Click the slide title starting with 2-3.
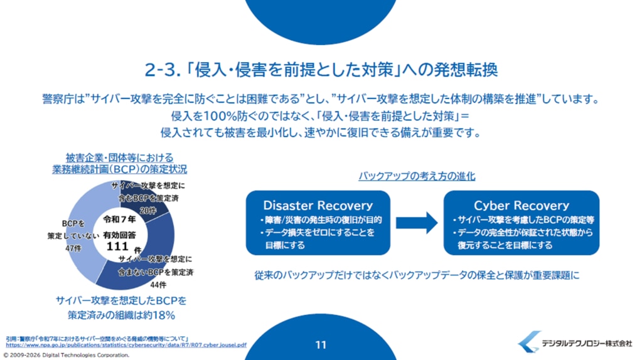point(321,70)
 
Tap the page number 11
point(321,345)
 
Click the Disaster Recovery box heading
point(318,205)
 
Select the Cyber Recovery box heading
point(522,205)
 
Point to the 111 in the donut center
point(117,246)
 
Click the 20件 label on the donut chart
point(148,211)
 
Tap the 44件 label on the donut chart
point(158,285)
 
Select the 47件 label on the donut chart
point(73,248)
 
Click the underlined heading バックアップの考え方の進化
point(417,176)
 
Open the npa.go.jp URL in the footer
point(126,345)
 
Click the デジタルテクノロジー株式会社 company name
point(587,343)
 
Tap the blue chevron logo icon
point(528,342)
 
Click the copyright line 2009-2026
point(67,355)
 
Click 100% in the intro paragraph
point(220,116)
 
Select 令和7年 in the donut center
point(119,220)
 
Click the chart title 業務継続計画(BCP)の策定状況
point(120,169)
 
